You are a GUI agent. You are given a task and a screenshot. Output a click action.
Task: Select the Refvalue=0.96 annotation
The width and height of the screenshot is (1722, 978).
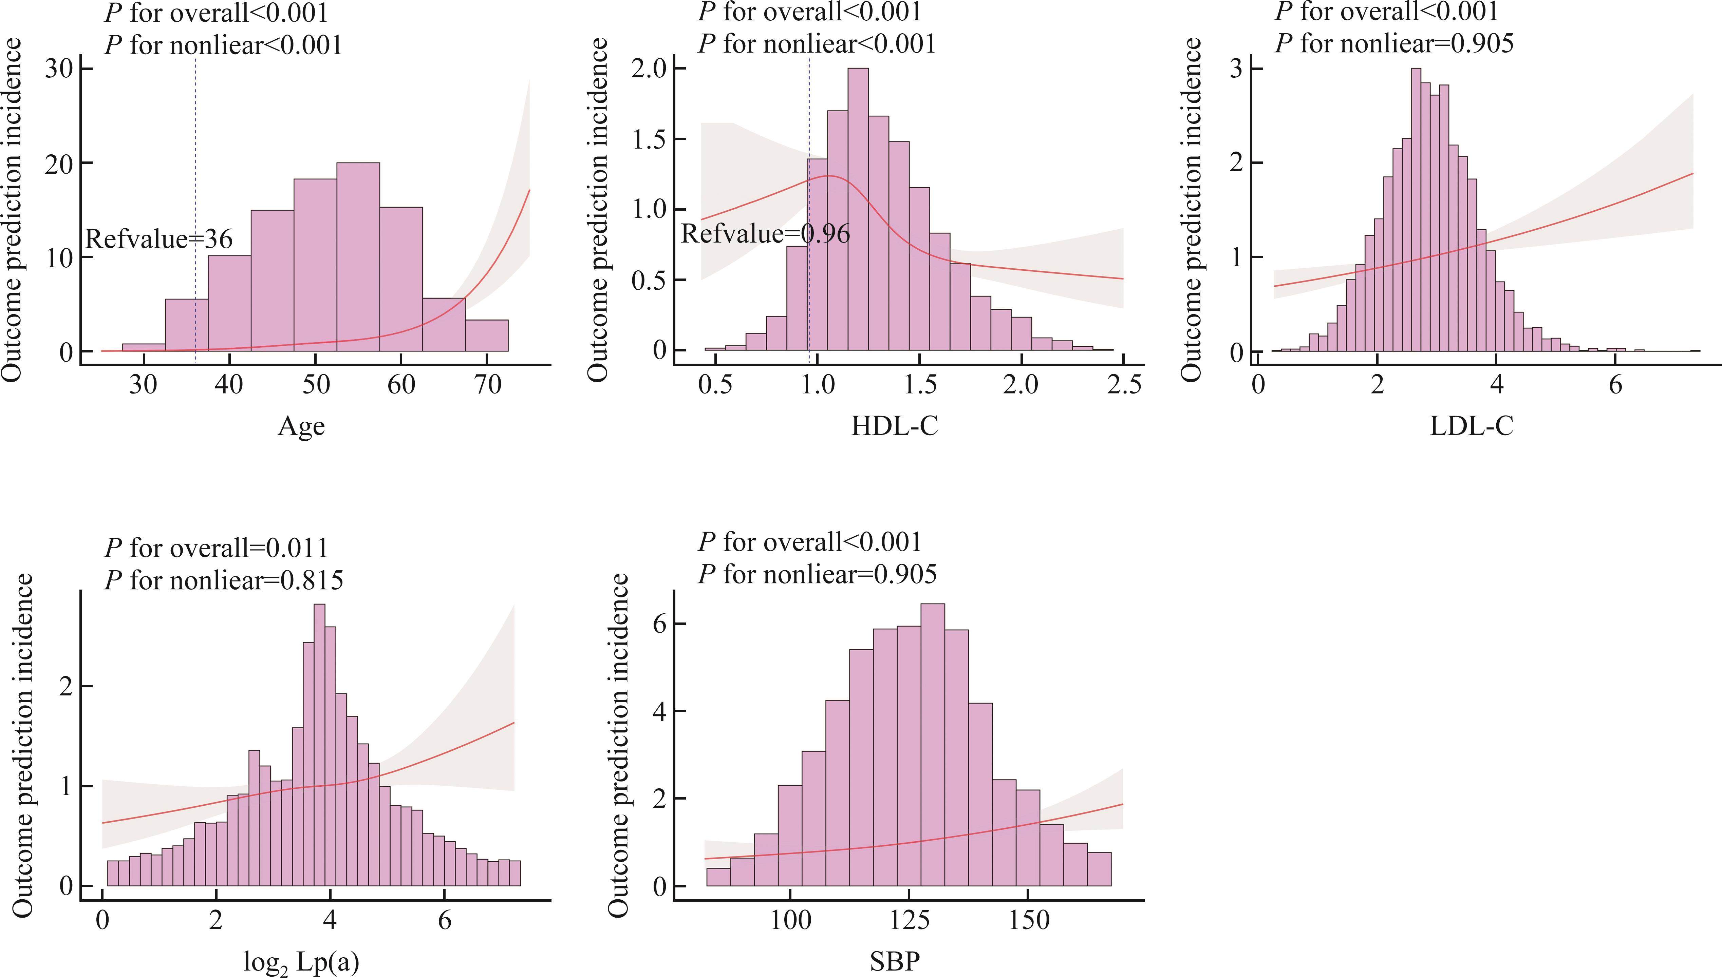pyautogui.click(x=765, y=234)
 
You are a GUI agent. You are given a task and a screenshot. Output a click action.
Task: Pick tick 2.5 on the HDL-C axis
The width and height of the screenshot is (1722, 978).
pyautogui.click(x=1123, y=385)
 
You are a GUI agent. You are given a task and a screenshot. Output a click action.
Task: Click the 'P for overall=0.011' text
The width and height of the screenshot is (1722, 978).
pyautogui.click(x=216, y=548)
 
